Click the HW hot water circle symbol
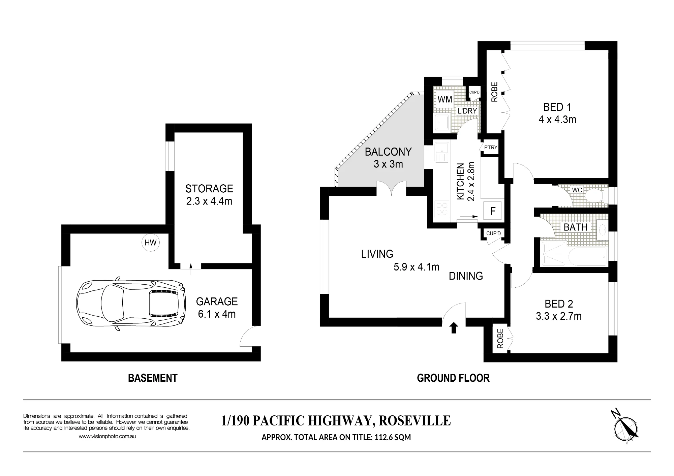tap(150, 243)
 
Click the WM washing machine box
tap(445, 99)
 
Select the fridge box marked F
tap(493, 211)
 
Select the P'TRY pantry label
tap(491, 147)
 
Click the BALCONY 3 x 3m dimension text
tap(388, 164)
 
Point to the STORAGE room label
tap(209, 188)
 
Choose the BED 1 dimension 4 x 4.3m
tap(557, 120)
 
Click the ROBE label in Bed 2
tap(500, 338)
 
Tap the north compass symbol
tap(625, 428)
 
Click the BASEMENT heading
tap(153, 378)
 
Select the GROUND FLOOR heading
tap(453, 378)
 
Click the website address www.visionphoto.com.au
tap(107, 436)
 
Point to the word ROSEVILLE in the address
tap(415, 421)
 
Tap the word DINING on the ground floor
tap(466, 276)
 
